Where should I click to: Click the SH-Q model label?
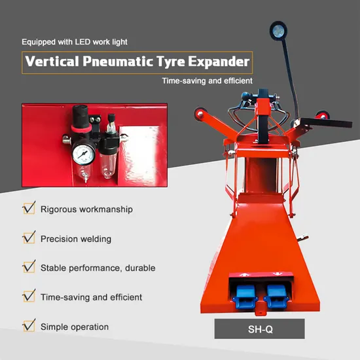click(x=259, y=329)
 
